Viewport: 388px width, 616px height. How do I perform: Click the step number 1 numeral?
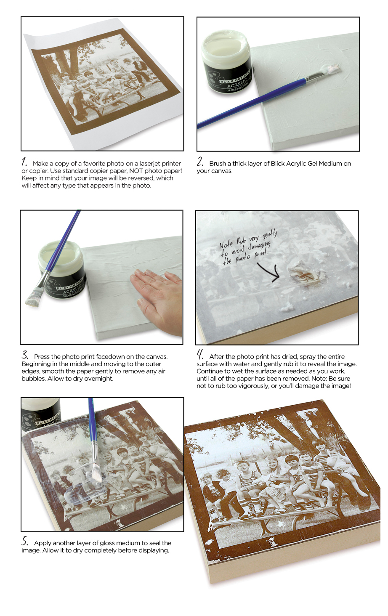point(24,162)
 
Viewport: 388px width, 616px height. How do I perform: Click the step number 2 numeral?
point(200,162)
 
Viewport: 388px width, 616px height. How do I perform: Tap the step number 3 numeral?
point(25,355)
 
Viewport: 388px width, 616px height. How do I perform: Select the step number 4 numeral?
point(200,355)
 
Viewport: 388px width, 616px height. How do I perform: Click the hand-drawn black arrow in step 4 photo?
point(269,271)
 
